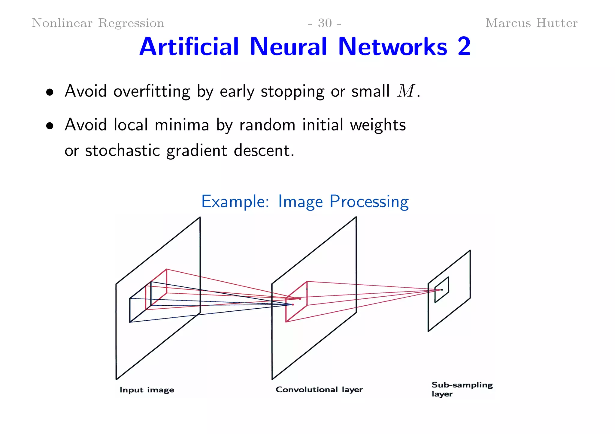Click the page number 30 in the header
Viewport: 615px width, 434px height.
pos(325,23)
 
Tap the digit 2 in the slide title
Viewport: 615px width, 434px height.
pos(464,47)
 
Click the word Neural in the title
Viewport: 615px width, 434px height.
pos(288,47)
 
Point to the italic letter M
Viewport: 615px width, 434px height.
pos(406,91)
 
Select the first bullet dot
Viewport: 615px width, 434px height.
pos(50,92)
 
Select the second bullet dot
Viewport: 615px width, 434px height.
pos(50,126)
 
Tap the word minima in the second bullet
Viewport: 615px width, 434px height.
pos(182,125)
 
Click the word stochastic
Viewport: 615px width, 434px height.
pos(123,151)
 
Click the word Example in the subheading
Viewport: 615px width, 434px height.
pos(234,202)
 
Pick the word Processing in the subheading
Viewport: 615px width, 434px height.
pos(369,202)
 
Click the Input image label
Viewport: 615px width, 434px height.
pos(147,390)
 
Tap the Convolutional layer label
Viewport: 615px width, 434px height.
pos(319,390)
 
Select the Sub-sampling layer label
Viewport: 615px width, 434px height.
pos(462,389)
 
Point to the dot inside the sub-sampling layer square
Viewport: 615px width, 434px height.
pos(442,290)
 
